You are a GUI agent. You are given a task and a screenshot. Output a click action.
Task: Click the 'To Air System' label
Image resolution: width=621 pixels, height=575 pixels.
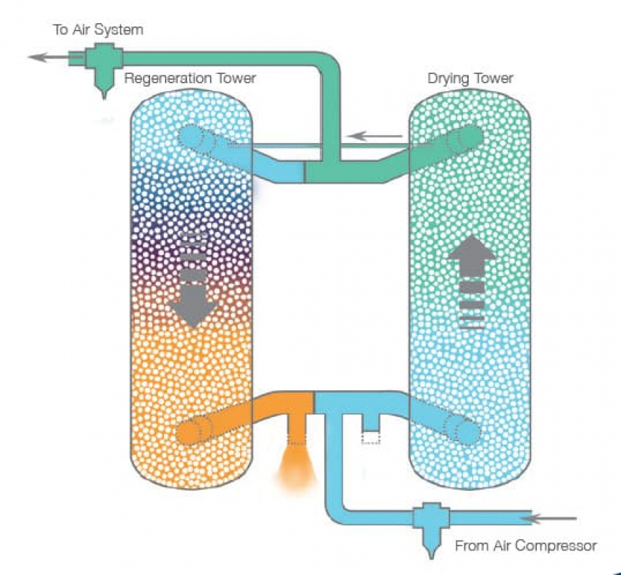[98, 29]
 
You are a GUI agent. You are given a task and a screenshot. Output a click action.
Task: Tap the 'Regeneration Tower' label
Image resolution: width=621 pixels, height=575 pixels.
[190, 78]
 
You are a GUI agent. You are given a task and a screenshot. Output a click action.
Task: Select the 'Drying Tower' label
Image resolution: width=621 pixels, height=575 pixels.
[470, 78]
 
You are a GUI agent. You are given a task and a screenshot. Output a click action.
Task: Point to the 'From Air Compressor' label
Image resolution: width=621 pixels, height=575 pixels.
[525, 546]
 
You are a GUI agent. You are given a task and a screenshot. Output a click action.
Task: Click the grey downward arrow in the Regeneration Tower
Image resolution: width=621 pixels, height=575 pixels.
[193, 281]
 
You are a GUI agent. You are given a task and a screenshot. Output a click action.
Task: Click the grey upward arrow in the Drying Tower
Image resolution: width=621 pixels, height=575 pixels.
[472, 282]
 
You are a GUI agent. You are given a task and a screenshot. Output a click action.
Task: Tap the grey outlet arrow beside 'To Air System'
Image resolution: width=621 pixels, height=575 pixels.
[55, 57]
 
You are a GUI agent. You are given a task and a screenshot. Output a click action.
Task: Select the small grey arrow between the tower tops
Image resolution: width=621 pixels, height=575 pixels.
[374, 137]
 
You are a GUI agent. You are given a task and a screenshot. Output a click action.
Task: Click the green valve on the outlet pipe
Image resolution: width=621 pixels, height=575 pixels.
[103, 68]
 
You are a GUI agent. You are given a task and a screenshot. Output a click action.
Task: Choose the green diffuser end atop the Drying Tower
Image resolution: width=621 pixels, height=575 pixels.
[465, 139]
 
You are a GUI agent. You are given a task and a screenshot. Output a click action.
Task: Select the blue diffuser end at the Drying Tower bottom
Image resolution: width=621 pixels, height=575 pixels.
[461, 429]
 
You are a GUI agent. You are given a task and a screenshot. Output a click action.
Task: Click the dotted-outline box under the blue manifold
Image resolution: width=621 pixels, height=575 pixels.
[371, 438]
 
